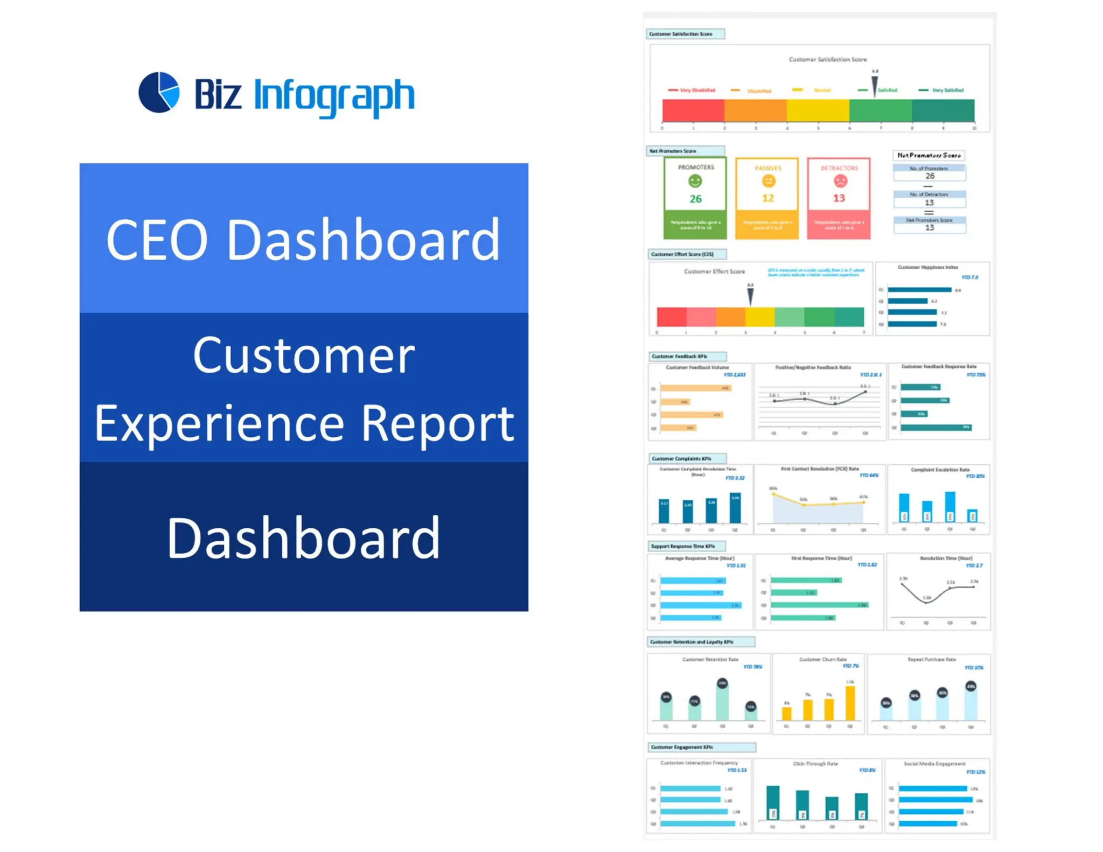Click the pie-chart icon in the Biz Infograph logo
(159, 92)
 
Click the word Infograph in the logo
(334, 95)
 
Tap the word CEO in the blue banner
(157, 240)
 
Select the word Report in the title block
(437, 423)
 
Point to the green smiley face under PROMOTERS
(695, 181)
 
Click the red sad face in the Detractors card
(840, 181)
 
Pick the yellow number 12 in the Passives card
(767, 198)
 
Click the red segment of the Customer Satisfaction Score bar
(693, 110)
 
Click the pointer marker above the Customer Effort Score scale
(750, 296)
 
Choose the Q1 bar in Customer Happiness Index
(919, 290)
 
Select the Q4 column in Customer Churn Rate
(850, 703)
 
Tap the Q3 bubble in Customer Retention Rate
(722, 683)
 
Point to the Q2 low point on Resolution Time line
(926, 602)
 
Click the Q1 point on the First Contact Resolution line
(773, 494)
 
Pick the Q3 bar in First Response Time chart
(819, 605)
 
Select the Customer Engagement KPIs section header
(701, 747)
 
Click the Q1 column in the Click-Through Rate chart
(773, 802)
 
